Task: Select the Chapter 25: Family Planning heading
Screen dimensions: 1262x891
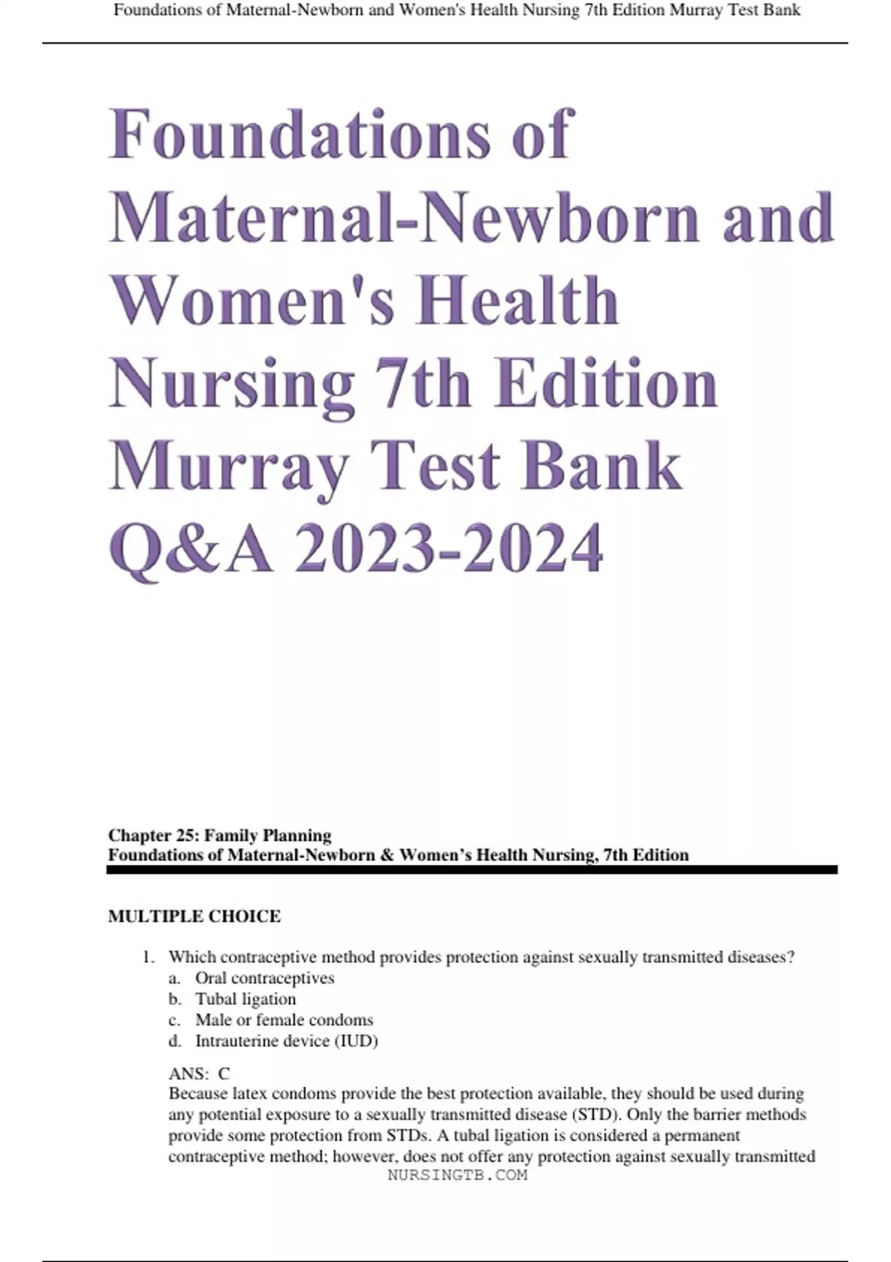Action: (x=220, y=835)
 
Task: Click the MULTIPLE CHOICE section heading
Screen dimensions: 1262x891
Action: (x=195, y=917)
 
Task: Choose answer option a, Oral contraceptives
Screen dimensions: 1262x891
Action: (x=264, y=978)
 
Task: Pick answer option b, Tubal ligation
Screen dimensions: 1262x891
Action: (x=245, y=998)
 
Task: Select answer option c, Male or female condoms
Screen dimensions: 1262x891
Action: (x=284, y=1019)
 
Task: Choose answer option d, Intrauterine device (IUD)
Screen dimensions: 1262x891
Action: (x=286, y=1041)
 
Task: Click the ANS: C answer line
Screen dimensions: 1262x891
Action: (x=199, y=1073)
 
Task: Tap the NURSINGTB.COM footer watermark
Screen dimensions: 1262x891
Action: (x=457, y=1175)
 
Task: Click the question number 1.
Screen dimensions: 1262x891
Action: (x=147, y=958)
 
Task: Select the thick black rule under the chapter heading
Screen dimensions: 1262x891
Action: (x=472, y=869)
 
